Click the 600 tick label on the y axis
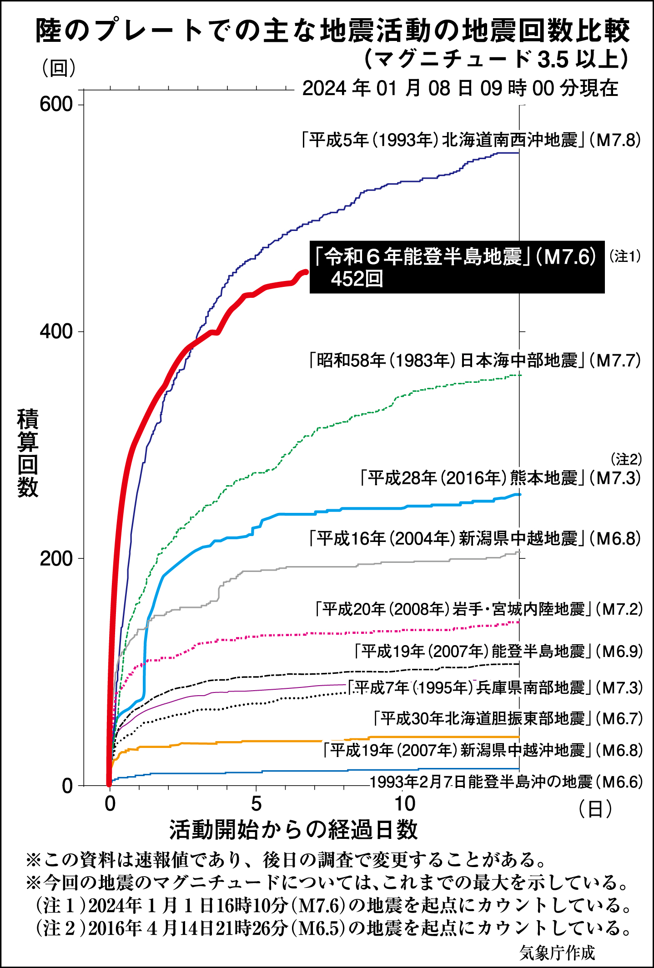(56, 104)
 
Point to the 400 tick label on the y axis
(56, 331)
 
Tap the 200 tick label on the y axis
(56, 558)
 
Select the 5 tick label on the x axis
(257, 804)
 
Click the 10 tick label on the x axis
(404, 804)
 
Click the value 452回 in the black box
(357, 279)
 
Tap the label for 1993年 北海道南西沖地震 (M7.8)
(471, 140)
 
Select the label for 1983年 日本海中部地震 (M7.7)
(475, 361)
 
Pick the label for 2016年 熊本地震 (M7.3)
(500, 478)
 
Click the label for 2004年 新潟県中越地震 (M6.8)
(475, 539)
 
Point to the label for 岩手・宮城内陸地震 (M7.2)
(478, 609)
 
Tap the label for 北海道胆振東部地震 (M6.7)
(508, 719)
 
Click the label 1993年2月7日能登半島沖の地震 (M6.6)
(506, 782)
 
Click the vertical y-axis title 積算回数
(28, 453)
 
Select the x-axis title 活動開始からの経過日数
(293, 830)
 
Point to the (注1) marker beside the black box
(625, 256)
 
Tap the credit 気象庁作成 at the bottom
(557, 953)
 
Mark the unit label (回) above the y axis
(59, 68)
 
